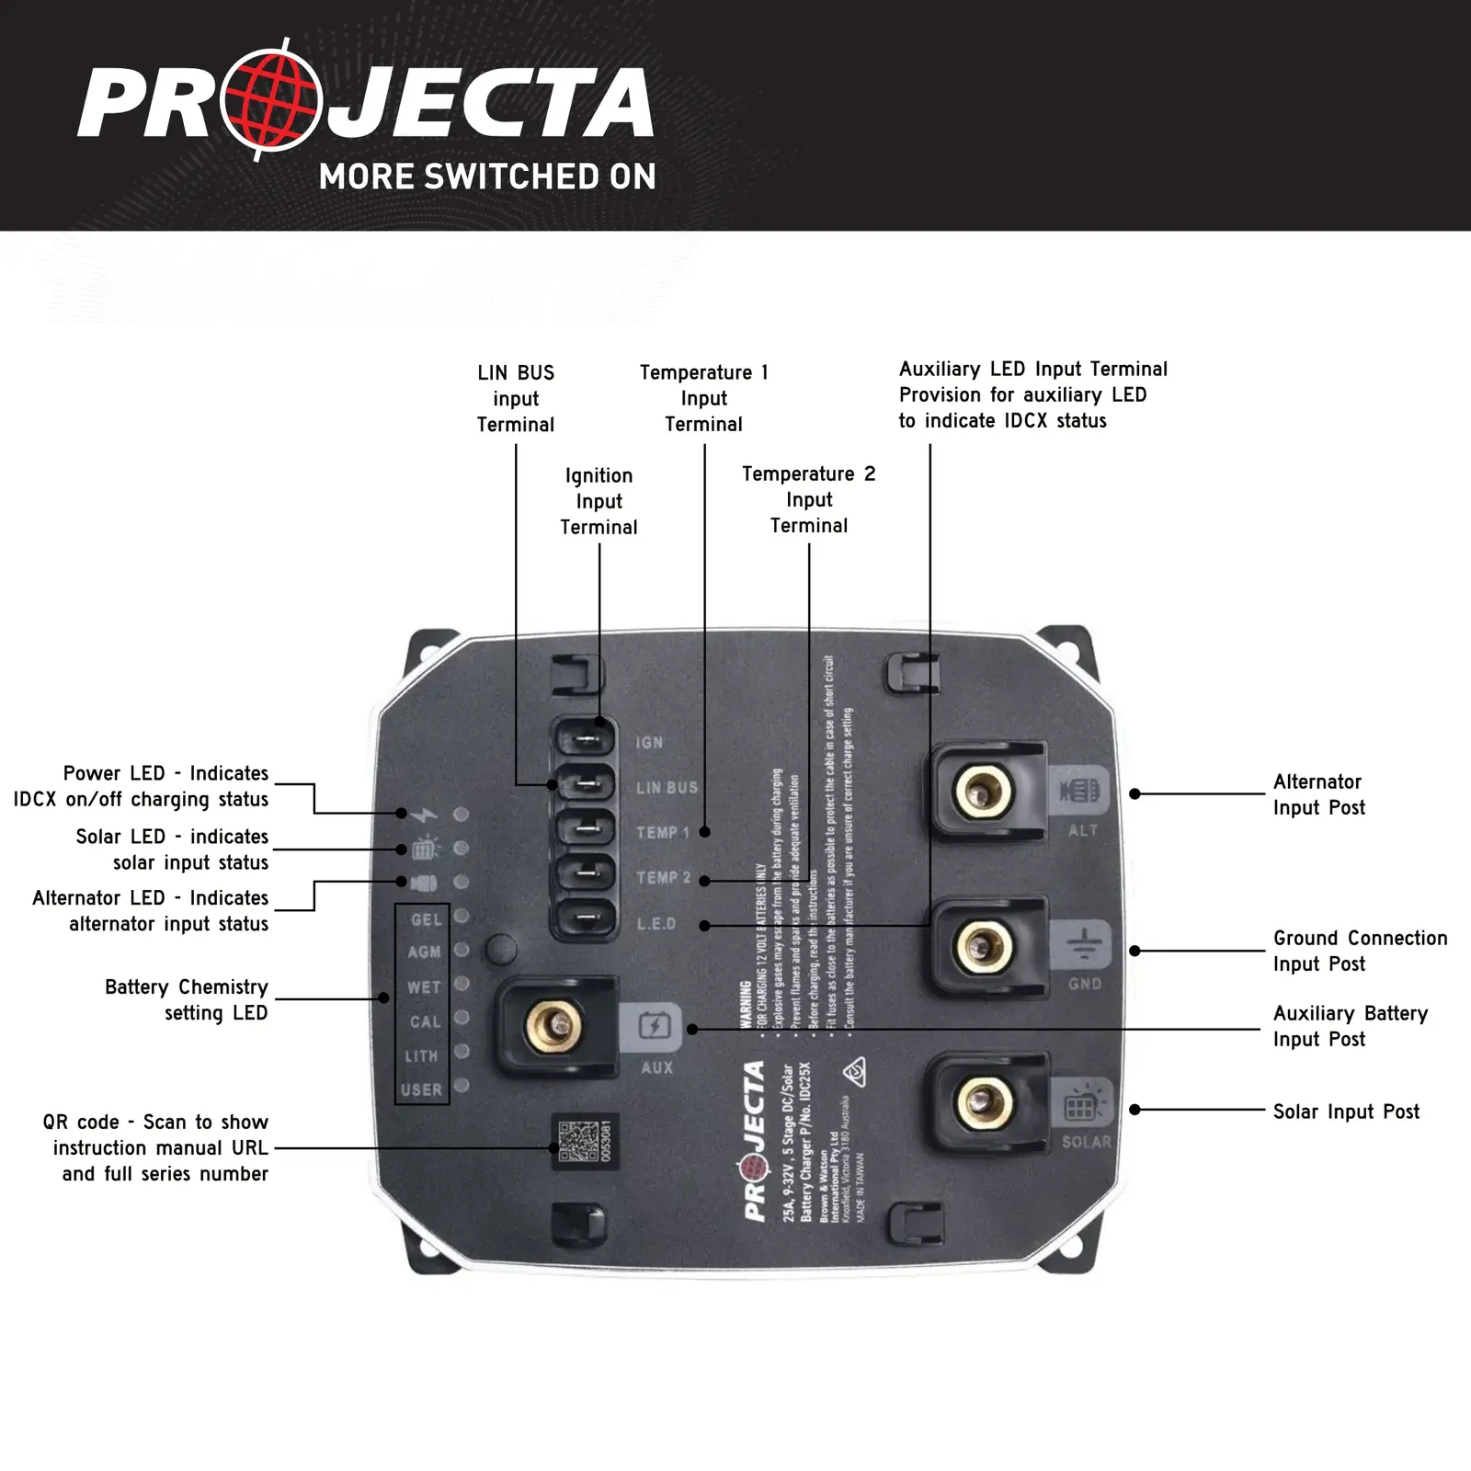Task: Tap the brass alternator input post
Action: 983,791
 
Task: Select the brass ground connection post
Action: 983,946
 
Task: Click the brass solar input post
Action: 983,1102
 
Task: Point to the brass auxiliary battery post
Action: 553,1027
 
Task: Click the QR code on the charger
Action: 578,1142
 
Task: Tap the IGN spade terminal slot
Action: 585,739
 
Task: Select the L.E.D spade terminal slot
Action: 585,918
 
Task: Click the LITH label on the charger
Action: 422,1056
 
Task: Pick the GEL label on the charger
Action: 426,919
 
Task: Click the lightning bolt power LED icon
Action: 425,815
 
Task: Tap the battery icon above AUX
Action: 656,1025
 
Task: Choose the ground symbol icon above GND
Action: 1084,944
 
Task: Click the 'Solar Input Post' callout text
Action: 1345,1112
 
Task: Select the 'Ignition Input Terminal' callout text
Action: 599,501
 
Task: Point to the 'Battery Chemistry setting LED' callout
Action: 187,999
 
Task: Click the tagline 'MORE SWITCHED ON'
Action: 487,177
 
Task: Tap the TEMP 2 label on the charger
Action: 663,878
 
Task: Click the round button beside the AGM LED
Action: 500,950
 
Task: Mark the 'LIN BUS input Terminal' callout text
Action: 516,398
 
